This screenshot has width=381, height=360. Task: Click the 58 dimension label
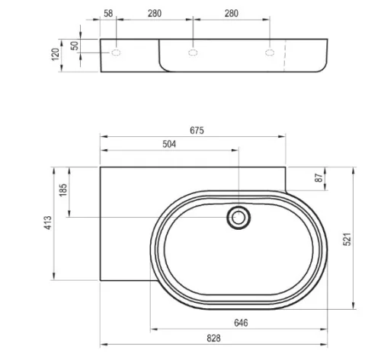coord(108,14)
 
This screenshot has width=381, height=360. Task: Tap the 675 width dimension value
coord(197,130)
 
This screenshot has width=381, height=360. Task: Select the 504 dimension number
coord(169,144)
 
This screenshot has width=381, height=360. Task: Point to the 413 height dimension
coord(48,223)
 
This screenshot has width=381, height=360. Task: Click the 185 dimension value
coord(62,190)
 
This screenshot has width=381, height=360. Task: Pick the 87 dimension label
coord(319,178)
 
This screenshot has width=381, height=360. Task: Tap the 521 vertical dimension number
coord(347,239)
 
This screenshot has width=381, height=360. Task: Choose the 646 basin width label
coord(241,323)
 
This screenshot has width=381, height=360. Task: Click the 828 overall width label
coord(213,338)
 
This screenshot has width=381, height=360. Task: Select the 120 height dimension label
coord(55,54)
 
